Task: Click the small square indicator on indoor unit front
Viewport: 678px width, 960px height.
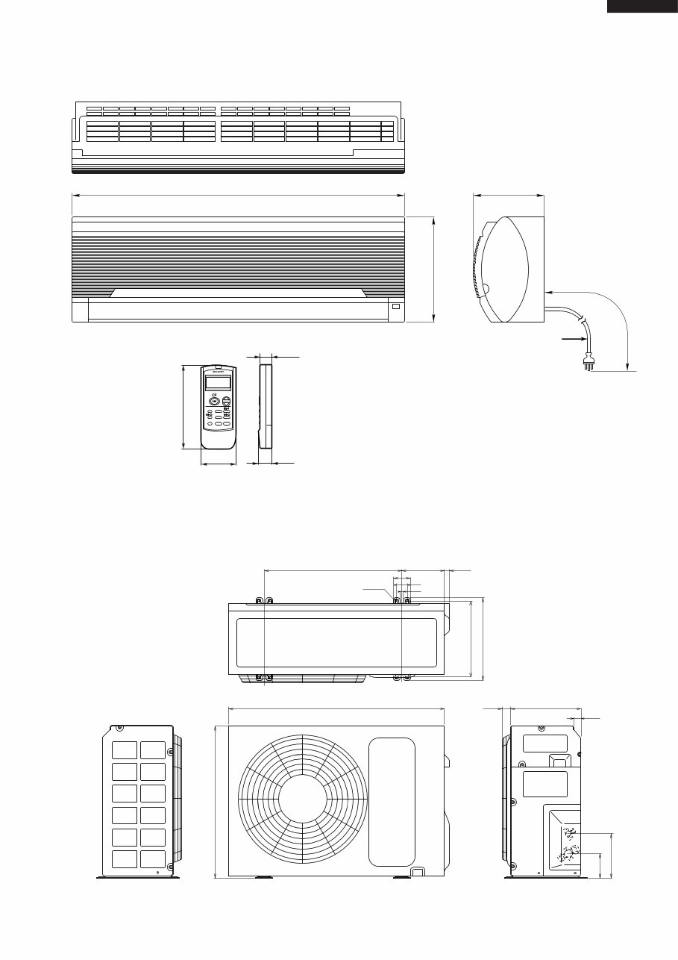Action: (x=395, y=306)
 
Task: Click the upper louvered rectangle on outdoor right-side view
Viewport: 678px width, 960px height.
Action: (x=544, y=743)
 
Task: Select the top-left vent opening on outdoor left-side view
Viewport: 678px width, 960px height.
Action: (x=125, y=750)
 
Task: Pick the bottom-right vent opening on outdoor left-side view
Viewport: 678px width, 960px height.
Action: (x=152, y=859)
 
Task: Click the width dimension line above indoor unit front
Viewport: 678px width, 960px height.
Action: (x=238, y=196)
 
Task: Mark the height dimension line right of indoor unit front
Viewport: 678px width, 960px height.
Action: (x=433, y=270)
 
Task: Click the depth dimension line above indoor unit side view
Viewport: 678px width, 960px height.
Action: (x=509, y=196)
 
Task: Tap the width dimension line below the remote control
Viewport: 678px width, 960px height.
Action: (x=219, y=464)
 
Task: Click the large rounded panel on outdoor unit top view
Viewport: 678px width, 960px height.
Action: (x=336, y=642)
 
